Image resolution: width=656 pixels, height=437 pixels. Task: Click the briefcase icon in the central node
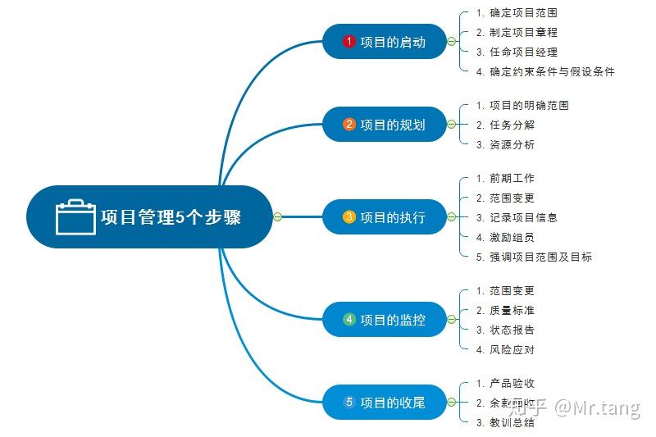point(75,217)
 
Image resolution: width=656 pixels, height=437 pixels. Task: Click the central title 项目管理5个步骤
point(171,217)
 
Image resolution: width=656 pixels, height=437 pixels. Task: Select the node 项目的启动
point(385,42)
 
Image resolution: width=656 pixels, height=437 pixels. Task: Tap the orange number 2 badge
point(349,125)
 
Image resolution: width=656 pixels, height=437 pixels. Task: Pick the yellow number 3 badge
point(349,217)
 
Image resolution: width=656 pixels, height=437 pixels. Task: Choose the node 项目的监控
point(385,320)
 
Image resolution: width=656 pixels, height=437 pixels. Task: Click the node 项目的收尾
point(385,403)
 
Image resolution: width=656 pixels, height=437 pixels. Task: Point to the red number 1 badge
point(349,42)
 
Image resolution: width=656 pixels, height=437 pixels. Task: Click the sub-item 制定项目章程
point(523,33)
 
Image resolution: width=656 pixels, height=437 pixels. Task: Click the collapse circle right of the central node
point(277,217)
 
